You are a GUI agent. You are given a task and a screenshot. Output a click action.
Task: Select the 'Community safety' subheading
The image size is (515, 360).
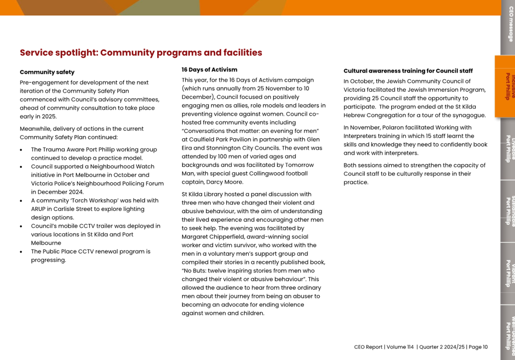47,72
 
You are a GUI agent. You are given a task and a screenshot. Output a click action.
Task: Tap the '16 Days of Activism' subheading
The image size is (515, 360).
209,70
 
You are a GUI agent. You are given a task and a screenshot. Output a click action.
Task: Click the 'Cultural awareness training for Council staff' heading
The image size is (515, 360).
408,71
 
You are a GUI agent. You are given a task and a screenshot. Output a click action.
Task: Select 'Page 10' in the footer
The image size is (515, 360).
478,347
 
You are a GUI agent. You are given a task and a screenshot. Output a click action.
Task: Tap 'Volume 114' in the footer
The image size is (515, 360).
400,347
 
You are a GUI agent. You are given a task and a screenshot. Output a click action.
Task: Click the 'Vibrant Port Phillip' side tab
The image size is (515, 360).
508,274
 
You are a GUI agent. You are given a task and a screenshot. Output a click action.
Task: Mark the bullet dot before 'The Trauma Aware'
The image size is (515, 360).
21,150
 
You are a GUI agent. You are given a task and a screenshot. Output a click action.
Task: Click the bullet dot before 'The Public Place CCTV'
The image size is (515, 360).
21,252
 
